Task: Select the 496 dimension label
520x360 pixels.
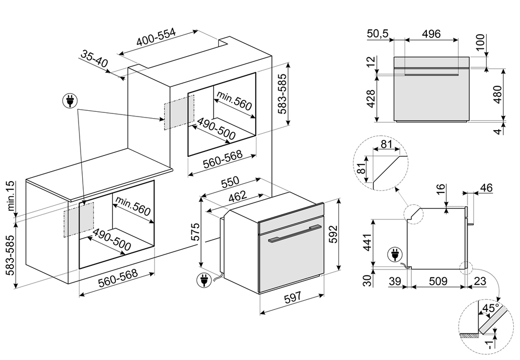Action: [431, 34]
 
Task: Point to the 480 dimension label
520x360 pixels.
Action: [498, 94]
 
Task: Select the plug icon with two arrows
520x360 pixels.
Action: [69, 100]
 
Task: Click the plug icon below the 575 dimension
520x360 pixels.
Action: [203, 281]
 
